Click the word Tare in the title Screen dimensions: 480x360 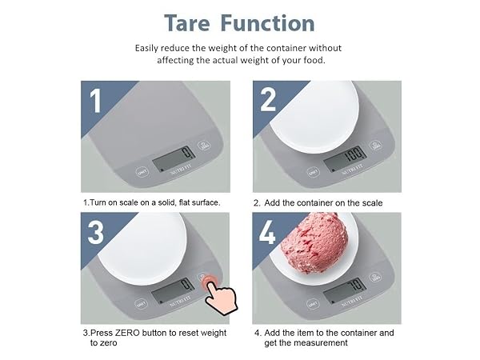point(187,23)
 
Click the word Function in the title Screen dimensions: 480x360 point(267,23)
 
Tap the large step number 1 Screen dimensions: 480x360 point(95,101)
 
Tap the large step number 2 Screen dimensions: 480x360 point(267,100)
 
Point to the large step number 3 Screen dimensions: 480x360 point(95,232)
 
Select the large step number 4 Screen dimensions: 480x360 point(267,232)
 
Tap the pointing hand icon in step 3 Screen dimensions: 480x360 point(220,295)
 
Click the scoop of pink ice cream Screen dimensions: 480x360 point(314,243)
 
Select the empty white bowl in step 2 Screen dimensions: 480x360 point(314,116)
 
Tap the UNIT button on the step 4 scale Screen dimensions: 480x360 point(313,304)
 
